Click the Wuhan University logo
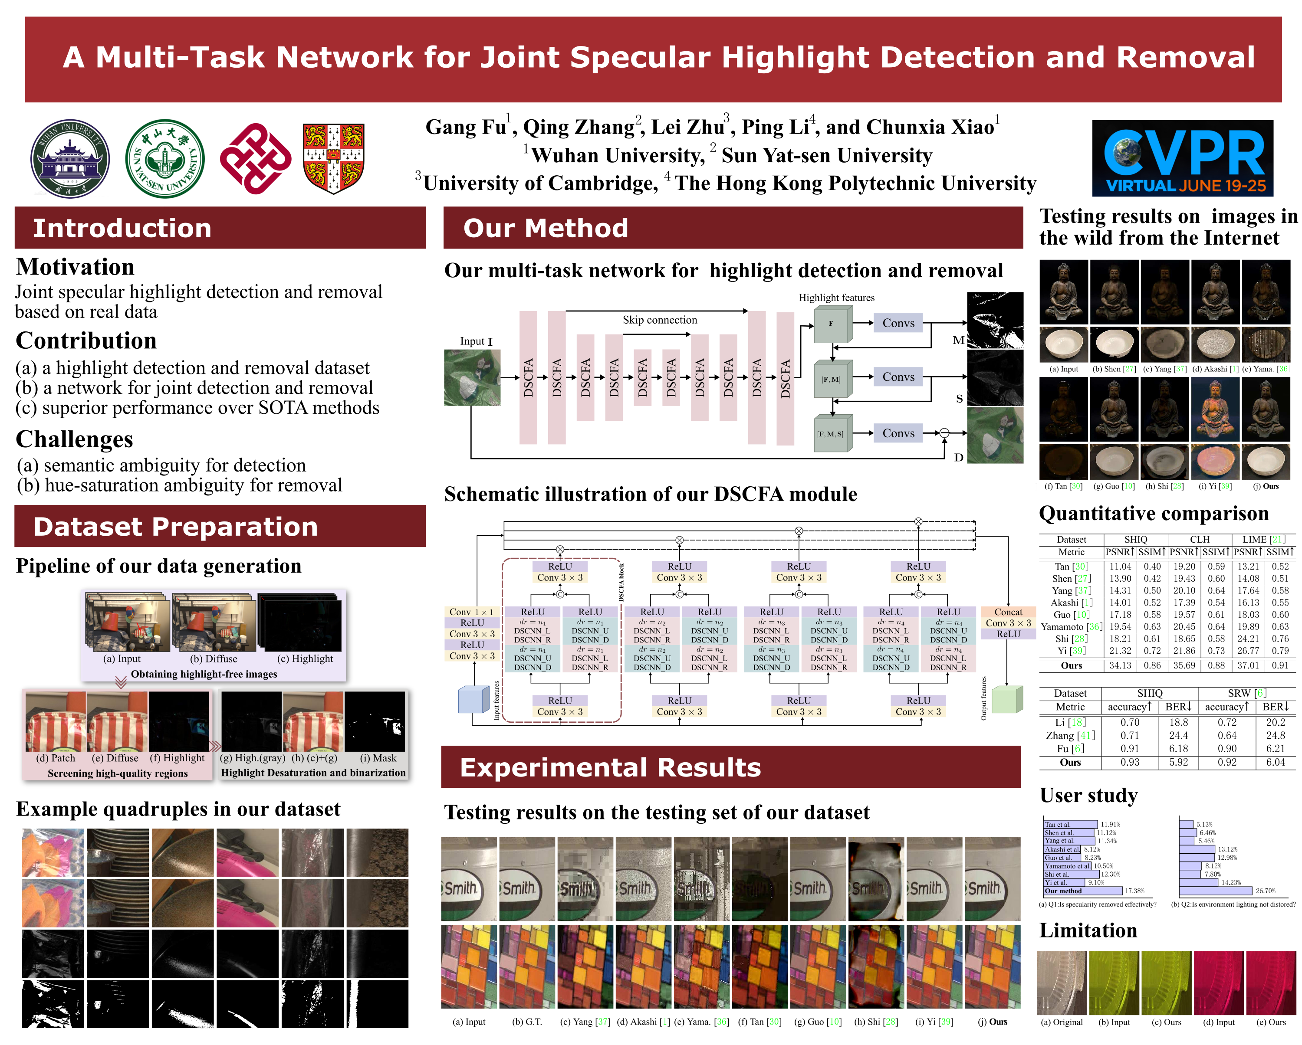[x=70, y=159]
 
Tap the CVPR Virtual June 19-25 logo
[x=1182, y=158]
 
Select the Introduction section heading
[x=122, y=228]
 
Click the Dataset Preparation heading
[x=175, y=527]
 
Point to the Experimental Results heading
[x=610, y=767]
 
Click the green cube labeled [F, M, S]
[x=832, y=433]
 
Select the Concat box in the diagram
[x=1008, y=612]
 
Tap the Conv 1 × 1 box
[x=472, y=612]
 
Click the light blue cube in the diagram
[x=473, y=700]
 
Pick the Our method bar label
[x=1063, y=891]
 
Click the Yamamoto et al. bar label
[x=1067, y=866]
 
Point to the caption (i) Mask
[x=378, y=758]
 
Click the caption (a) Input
[x=122, y=658]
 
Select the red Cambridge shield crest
[x=333, y=158]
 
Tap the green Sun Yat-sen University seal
[x=164, y=158]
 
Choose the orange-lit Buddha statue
[x=1215, y=410]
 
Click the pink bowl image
[x=1215, y=462]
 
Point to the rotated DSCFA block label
[x=621, y=582]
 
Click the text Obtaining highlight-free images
[x=204, y=674]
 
